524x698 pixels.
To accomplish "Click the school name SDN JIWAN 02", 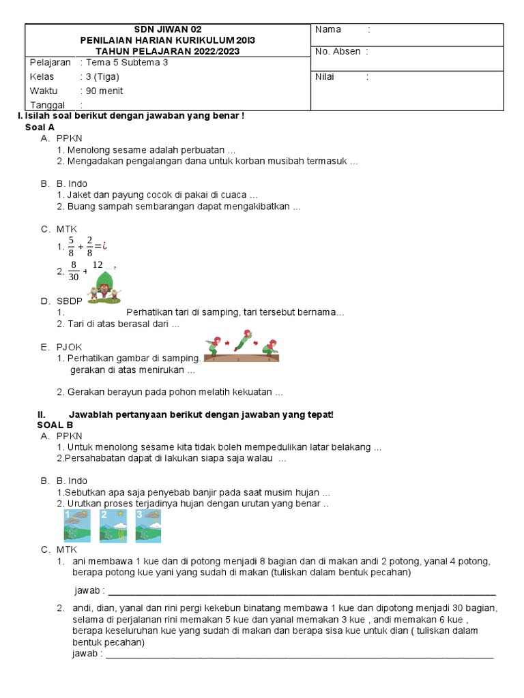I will [168, 29].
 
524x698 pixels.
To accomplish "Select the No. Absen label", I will [337, 52].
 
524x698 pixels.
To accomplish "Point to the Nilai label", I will [325, 76].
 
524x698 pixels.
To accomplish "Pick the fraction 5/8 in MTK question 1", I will [71, 246].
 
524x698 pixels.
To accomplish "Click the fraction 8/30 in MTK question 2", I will [73, 271].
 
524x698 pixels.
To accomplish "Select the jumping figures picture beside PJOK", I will [242, 346].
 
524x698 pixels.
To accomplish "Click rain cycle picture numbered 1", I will [76, 526].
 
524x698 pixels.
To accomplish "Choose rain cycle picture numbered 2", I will [112, 526].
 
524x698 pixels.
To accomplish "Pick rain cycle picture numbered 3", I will [148, 526].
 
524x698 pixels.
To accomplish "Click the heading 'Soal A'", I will [40, 127].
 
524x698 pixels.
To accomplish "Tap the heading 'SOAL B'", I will [55, 425].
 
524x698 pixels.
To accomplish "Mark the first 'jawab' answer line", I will [300, 590].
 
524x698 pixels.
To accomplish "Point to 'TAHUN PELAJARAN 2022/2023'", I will [168, 51].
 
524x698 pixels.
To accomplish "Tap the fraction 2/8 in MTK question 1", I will [89, 246].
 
